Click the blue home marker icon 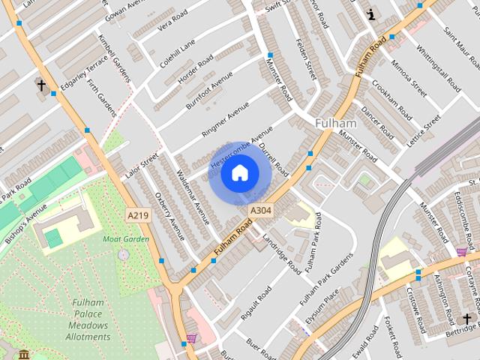tap(239, 174)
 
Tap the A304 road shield tap(259, 211)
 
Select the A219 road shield tap(137, 215)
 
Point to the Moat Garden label tap(126, 239)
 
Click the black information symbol tap(370, 13)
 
